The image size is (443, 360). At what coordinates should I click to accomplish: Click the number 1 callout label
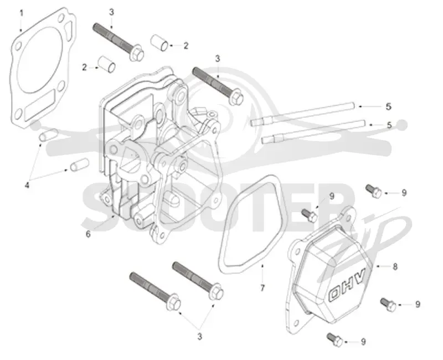(x=21, y=13)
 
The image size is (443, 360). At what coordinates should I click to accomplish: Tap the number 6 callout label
(x=88, y=234)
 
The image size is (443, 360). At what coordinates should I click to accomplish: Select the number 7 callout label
(x=262, y=288)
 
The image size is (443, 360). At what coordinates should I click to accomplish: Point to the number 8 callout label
(x=395, y=266)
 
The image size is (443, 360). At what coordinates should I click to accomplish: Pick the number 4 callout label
(x=27, y=186)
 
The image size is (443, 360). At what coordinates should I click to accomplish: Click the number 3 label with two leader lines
(x=200, y=337)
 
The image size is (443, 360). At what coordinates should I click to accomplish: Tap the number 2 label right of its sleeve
(x=186, y=45)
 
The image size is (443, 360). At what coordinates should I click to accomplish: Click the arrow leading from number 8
(x=383, y=266)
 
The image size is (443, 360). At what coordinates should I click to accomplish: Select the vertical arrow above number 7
(x=262, y=274)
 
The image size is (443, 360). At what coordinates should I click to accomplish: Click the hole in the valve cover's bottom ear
(x=296, y=323)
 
